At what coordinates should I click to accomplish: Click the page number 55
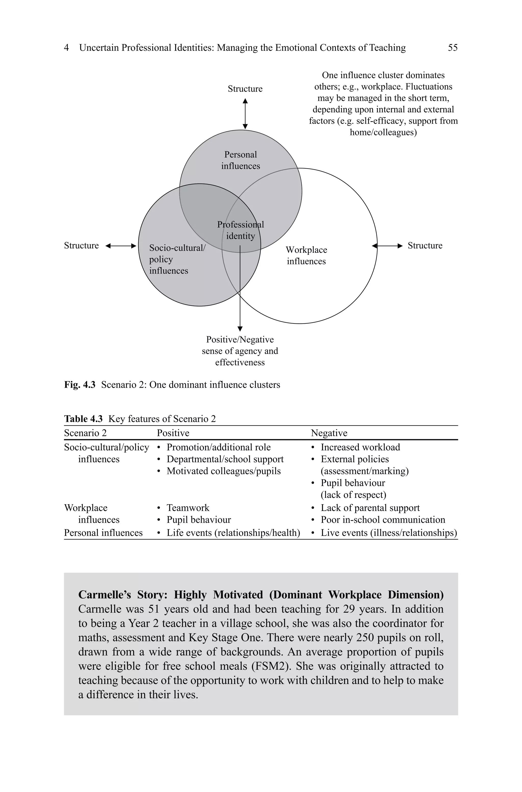coord(452,48)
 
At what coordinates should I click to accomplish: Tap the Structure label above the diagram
coord(245,89)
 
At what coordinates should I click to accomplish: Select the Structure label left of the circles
coord(81,246)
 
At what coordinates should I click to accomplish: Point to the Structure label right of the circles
coord(425,246)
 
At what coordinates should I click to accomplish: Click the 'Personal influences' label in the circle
coord(240,160)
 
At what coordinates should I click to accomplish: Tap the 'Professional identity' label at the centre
coord(240,230)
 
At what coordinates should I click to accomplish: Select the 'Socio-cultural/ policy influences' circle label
coord(177,259)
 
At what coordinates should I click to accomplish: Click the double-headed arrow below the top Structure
coord(245,114)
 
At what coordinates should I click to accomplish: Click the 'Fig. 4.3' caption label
coord(80,385)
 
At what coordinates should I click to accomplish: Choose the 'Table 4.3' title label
coord(83,419)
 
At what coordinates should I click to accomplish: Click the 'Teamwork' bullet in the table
coord(188,508)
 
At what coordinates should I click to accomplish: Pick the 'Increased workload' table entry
coord(360,447)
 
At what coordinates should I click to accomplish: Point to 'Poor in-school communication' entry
coord(383,520)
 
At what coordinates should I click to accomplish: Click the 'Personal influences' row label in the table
coord(103,533)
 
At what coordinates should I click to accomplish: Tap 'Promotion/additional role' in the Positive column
coord(218,447)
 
